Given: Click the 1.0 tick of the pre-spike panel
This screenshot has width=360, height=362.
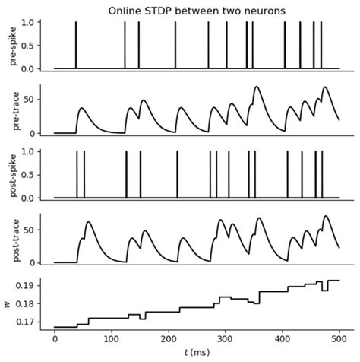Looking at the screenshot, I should click(36, 22).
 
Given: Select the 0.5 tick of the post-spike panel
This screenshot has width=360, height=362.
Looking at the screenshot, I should click(36, 175).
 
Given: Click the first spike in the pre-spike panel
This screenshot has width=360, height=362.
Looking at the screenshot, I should click(76, 46).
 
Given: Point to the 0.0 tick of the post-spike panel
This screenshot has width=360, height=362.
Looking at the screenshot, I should click(36, 198).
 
